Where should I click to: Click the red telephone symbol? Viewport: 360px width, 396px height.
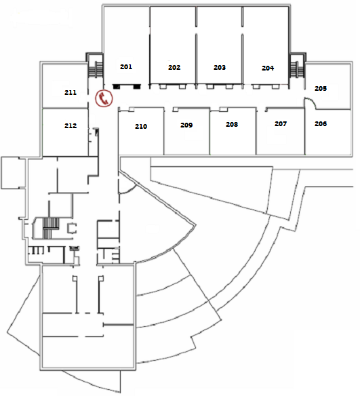click(104, 98)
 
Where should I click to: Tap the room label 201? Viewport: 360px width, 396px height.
click(126, 66)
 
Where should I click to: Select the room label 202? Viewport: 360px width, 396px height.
click(174, 67)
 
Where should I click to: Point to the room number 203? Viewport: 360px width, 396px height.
click(220, 67)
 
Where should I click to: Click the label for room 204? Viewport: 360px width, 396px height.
click(268, 68)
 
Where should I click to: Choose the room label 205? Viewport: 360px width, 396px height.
click(321, 88)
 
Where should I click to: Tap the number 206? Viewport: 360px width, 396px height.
click(321, 123)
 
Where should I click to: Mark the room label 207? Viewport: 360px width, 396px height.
click(281, 123)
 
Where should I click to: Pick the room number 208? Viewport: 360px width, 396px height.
click(232, 124)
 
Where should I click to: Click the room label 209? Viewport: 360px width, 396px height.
click(186, 125)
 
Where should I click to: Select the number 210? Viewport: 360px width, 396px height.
click(141, 126)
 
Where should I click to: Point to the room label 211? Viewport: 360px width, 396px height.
click(71, 92)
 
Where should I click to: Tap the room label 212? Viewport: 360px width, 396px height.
click(71, 125)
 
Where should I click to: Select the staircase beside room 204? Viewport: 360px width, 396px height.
click(297, 68)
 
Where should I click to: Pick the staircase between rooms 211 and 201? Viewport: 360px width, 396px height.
click(96, 68)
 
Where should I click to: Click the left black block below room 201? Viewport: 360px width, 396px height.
click(117, 87)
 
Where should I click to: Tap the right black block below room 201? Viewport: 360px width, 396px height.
click(136, 87)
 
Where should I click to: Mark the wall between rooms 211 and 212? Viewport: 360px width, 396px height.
click(65, 108)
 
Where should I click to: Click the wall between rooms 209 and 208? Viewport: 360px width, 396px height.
click(209, 132)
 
